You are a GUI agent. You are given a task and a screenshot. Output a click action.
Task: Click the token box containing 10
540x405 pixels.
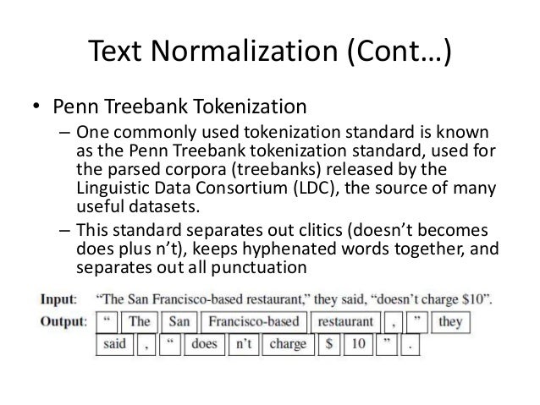(359, 344)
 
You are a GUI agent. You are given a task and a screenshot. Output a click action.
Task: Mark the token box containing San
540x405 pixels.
(179, 323)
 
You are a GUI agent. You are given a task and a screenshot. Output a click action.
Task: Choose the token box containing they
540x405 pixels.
(450, 323)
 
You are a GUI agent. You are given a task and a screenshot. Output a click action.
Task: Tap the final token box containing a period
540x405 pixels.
(413, 344)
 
